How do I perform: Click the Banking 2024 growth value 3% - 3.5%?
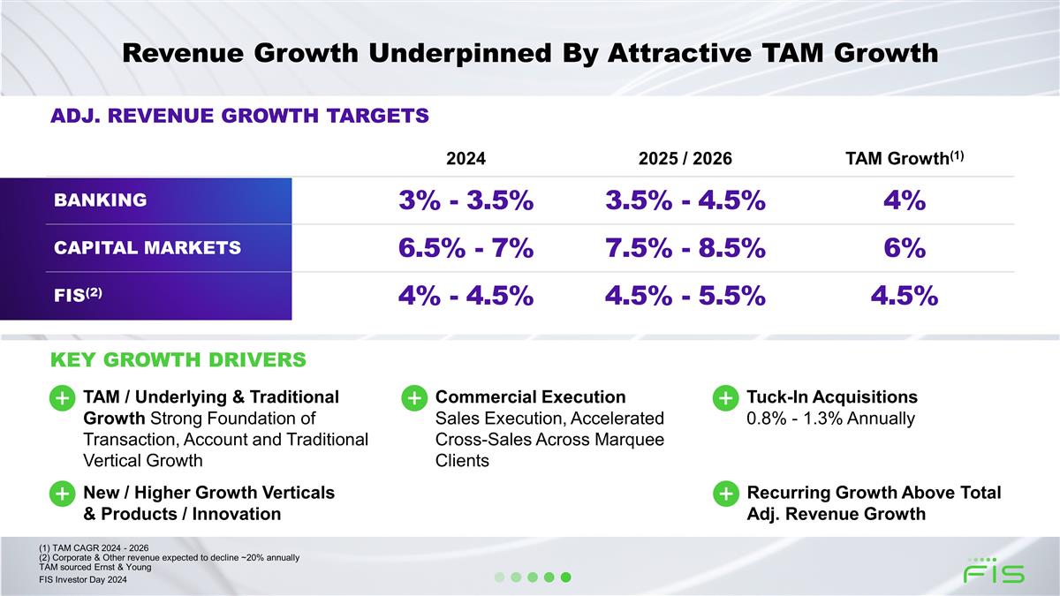pos(466,200)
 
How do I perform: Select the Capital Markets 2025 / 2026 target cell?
pos(685,248)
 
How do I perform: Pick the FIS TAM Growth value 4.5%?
pos(904,296)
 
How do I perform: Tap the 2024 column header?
pos(466,159)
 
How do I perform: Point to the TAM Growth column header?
pos(903,158)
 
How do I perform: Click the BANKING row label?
pos(101,200)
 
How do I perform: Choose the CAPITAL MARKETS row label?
pos(148,248)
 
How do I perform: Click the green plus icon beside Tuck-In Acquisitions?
pos(724,398)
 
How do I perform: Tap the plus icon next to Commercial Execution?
pos(413,398)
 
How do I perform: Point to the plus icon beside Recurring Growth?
pos(724,494)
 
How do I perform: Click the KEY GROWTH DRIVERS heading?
pos(178,360)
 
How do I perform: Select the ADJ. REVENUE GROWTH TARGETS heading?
pos(239,117)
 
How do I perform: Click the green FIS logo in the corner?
pos(994,571)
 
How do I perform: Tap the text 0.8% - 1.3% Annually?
pos(830,419)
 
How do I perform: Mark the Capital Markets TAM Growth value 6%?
pos(904,248)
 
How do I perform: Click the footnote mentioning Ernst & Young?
pos(89,567)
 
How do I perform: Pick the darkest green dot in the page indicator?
pos(566,577)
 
